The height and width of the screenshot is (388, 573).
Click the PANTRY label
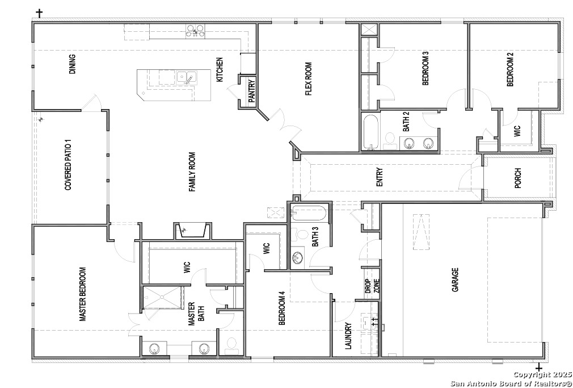pos(251,91)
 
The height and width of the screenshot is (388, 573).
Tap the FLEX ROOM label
pos(309,79)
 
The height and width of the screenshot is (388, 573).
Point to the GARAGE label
pos(455,280)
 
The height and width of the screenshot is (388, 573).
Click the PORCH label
pos(518,178)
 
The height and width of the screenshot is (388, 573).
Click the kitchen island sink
pos(187,77)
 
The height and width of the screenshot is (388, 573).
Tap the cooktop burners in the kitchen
pos(196,30)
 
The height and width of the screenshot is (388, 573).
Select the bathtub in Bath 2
pos(371,132)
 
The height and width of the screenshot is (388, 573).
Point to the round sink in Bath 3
pos(297,258)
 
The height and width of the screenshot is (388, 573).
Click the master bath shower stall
pos(162,298)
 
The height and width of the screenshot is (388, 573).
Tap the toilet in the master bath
pos(231,346)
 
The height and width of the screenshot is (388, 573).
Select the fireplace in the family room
pos(192,231)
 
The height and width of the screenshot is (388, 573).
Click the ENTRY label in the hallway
pos(380,178)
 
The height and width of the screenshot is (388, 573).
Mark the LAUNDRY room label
pos(348,336)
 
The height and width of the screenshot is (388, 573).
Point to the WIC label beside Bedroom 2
pos(517,131)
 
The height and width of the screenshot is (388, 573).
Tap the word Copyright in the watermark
pos(531,374)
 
